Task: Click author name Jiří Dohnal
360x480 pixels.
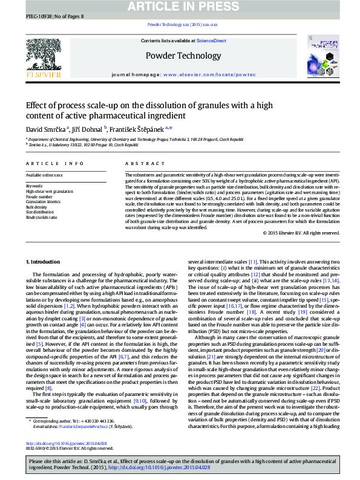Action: pyautogui.click(x=88, y=129)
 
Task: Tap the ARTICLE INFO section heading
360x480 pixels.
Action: pyautogui.click(x=55, y=164)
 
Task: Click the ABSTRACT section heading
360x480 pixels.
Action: pyautogui.click(x=141, y=164)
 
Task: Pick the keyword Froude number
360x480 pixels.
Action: pyautogui.click(x=39, y=196)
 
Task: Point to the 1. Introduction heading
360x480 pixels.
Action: pyautogui.click(x=44, y=261)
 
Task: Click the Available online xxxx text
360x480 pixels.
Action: pyautogui.click(x=44, y=175)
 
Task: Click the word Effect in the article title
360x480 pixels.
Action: pyautogui.click(x=37, y=105)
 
